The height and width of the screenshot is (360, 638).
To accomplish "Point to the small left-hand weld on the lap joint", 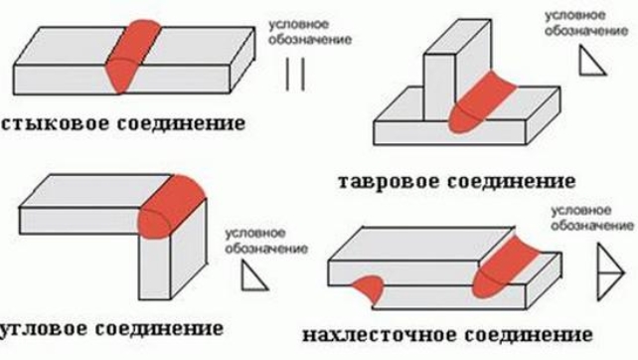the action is (x=370, y=287).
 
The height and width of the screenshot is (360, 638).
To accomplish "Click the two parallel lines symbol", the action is (x=293, y=76).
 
